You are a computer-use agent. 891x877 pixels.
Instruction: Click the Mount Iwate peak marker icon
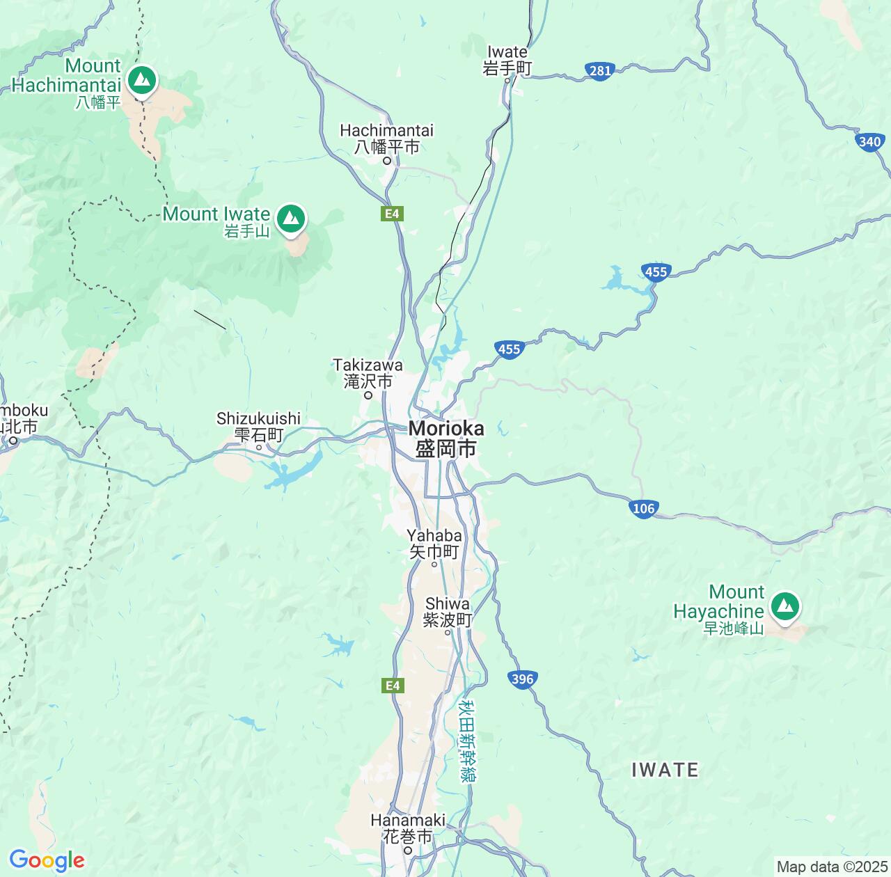291,219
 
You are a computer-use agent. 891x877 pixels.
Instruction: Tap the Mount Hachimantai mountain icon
143,79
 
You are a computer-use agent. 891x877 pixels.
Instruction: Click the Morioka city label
446,438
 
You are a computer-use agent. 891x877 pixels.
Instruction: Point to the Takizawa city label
368,373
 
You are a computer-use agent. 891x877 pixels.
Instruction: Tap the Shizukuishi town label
258,426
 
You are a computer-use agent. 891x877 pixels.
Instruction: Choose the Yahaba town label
434,544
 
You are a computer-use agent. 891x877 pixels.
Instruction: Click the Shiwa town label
448,612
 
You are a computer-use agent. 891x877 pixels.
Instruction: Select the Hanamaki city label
408,828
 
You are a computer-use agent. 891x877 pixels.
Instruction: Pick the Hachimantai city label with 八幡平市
387,139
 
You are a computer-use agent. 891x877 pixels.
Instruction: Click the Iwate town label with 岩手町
507,60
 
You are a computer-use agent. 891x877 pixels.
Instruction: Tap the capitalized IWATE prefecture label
665,770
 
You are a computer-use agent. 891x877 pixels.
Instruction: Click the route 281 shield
599,70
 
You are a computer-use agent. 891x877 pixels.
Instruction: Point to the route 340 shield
870,142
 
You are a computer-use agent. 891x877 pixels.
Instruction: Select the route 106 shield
644,508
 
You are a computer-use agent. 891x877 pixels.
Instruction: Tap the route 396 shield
522,679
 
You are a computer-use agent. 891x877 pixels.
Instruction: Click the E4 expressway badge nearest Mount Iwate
393,214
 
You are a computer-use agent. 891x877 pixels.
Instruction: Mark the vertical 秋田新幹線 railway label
467,741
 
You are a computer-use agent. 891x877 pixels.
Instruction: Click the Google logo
47,860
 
